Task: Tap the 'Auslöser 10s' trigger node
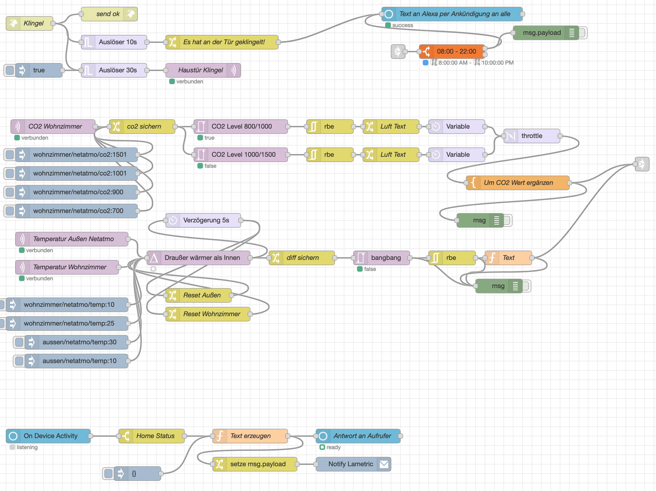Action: click(114, 42)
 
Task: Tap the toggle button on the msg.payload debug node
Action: click(583, 33)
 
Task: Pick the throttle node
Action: click(532, 136)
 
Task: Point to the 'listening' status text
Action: click(27, 447)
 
